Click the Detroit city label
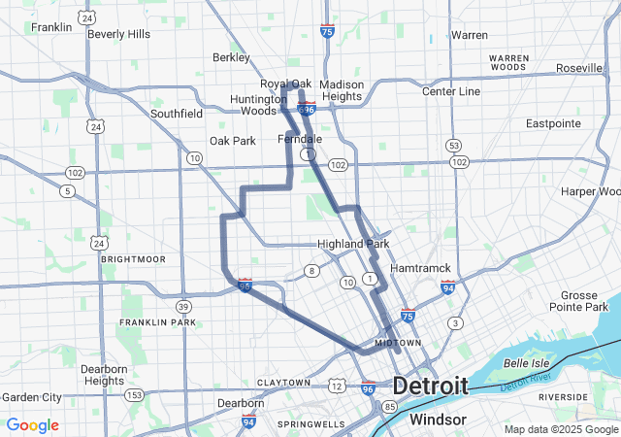click(430, 386)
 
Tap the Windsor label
click(438, 420)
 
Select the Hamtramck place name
click(419, 268)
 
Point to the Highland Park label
click(353, 244)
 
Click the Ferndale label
click(300, 139)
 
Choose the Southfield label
click(177, 114)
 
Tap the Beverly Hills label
click(118, 33)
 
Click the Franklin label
click(51, 27)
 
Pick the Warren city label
click(470, 35)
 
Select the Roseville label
click(579, 68)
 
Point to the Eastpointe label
click(553, 123)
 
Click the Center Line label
click(451, 91)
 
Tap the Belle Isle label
click(528, 362)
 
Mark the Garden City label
click(31, 397)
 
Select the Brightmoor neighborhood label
click(133, 259)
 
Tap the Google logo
click(32, 425)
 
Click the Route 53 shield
click(453, 146)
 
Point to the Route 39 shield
click(183, 307)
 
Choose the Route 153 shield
click(135, 394)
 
